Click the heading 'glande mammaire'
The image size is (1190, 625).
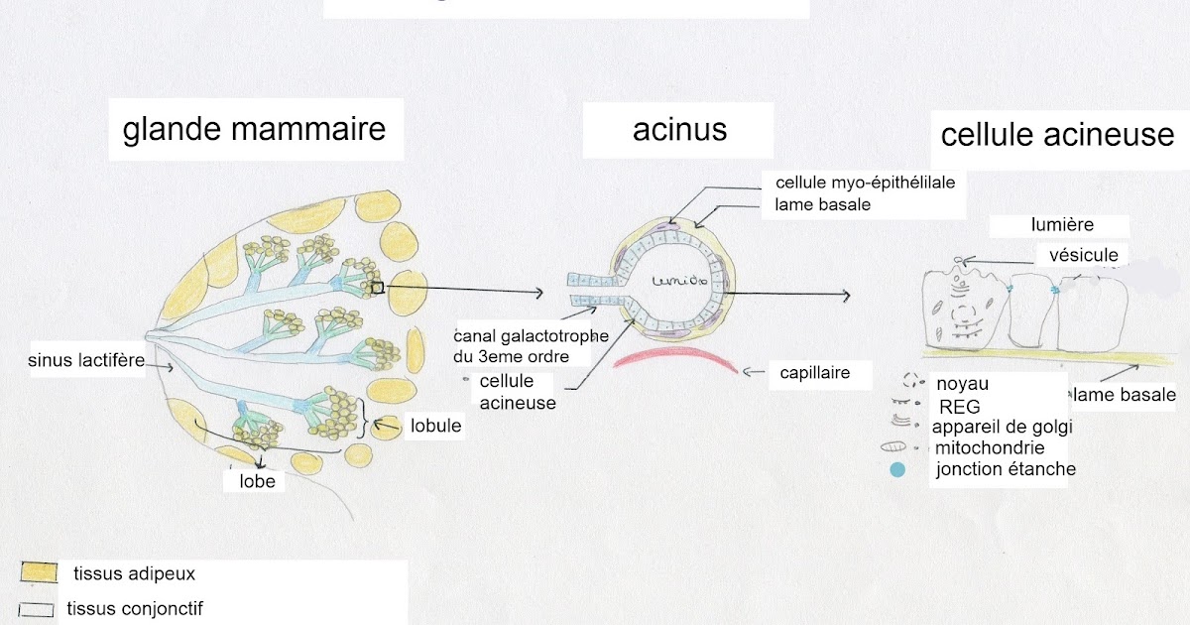click(x=254, y=129)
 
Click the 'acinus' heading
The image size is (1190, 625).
click(x=679, y=129)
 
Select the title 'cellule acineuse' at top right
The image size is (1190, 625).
click(x=1057, y=134)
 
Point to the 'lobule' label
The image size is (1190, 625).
click(x=435, y=426)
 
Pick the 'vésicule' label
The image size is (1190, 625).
click(x=1083, y=255)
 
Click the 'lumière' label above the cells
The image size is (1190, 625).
click(x=1062, y=225)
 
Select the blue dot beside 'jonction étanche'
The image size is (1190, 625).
click(x=898, y=470)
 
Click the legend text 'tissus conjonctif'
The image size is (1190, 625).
click(x=134, y=608)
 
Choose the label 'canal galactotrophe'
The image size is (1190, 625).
click(x=532, y=334)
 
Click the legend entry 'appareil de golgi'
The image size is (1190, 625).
click(x=1003, y=427)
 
